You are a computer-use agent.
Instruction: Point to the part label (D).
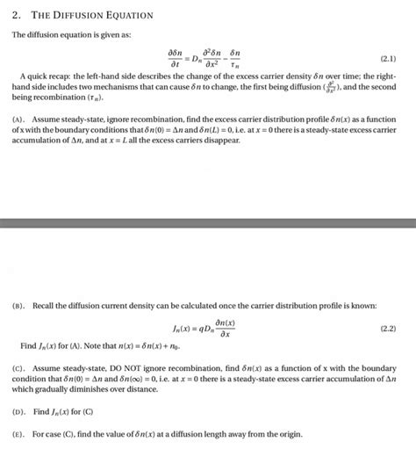pyautogui.click(x=19, y=411)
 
